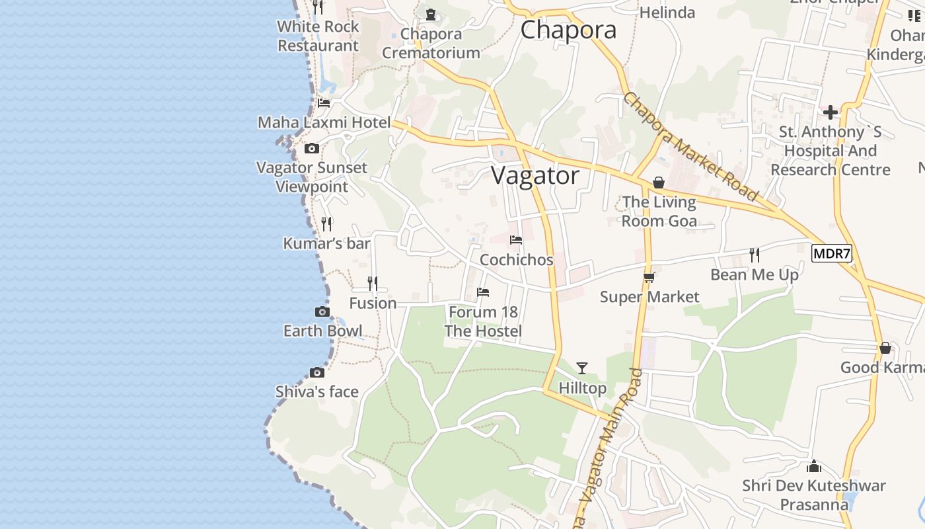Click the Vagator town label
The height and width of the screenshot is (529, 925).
[x=535, y=176]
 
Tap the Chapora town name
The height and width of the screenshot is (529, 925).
[x=568, y=30]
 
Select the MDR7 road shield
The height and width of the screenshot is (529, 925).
[x=832, y=253]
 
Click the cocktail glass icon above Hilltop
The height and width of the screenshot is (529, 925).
[x=581, y=368]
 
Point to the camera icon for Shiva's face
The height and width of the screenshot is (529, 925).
[x=317, y=372]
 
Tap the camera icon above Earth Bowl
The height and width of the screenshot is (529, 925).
[x=322, y=311]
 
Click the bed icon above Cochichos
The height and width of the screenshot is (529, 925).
[x=516, y=240]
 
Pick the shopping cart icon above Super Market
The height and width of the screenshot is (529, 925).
[x=649, y=278]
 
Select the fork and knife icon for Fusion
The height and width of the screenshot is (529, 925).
[x=373, y=284]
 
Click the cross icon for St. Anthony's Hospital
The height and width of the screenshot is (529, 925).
[x=831, y=112]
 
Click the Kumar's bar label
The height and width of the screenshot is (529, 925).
[x=326, y=243]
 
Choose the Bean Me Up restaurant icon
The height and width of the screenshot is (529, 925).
[x=754, y=255]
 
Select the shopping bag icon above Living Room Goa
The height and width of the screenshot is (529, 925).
[x=659, y=183]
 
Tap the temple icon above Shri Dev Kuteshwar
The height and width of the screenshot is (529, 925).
[x=814, y=466]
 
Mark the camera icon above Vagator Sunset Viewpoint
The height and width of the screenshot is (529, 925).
[x=312, y=149]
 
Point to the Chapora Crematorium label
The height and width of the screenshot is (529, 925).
[x=431, y=43]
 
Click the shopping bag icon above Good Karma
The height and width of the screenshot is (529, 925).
[x=885, y=348]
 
